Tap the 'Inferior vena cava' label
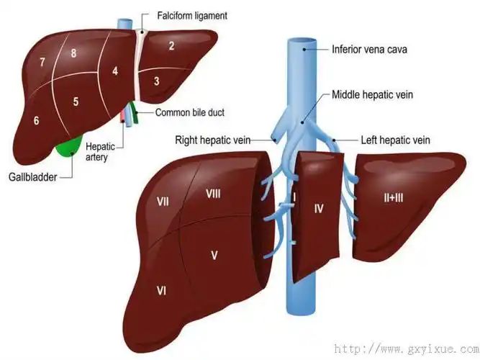coord(368,50)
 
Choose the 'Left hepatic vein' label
coord(394,140)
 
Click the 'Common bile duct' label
coord(189,112)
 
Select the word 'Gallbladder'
coord(32,176)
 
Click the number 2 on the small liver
coord(171,47)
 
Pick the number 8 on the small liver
coord(73,54)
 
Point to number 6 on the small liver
coord(36,120)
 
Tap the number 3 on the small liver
coord(156,81)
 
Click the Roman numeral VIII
coord(213,193)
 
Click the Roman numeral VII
coord(163,202)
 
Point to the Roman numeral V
coord(214,254)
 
